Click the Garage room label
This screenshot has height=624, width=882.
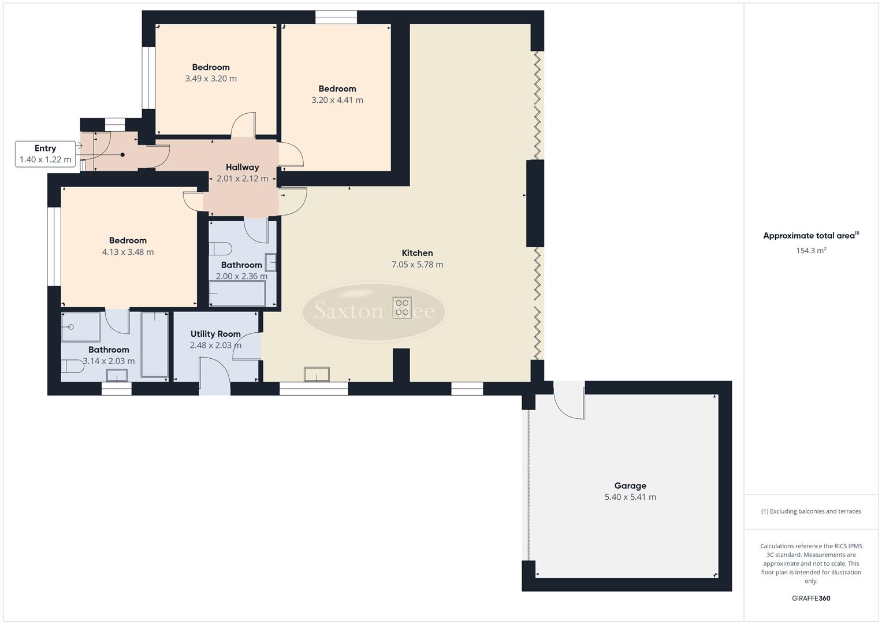tap(630, 486)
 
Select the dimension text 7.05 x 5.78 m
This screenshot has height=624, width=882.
tap(417, 265)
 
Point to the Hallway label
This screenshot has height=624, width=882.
tap(242, 168)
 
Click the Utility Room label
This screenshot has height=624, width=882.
tap(215, 334)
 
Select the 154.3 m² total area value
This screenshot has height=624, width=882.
tap(811, 251)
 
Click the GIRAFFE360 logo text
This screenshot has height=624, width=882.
tap(811, 598)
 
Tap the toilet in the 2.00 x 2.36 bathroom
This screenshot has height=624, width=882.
tap(220, 249)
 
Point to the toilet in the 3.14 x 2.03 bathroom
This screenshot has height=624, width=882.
tap(73, 366)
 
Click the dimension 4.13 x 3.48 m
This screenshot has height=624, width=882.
tap(128, 252)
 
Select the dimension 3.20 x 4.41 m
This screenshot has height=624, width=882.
tap(337, 100)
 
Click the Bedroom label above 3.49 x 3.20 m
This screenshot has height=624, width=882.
tap(211, 67)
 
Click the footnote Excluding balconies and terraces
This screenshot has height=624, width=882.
tap(811, 511)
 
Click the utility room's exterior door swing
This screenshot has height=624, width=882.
tap(214, 376)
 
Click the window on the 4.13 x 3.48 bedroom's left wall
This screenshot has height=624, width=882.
tap(54, 246)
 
